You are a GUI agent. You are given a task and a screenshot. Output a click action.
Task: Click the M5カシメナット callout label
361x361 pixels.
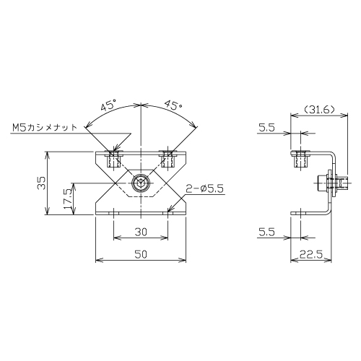point(45,127)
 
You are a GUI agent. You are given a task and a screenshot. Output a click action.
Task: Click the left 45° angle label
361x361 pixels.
point(108,105)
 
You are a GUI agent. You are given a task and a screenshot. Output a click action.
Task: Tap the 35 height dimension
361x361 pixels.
point(41,183)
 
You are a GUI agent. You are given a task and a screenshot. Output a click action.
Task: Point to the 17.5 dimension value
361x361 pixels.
point(67,199)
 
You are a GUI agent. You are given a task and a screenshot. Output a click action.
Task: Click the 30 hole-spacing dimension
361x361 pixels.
point(141,232)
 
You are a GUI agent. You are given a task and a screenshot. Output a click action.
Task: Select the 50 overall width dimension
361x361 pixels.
point(141,254)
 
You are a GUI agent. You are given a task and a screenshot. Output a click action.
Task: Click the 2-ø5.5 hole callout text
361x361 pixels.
point(204,188)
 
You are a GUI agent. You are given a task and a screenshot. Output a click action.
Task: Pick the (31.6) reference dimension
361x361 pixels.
point(319,110)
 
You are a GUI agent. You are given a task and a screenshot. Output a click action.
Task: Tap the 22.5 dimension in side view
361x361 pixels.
point(311,254)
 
